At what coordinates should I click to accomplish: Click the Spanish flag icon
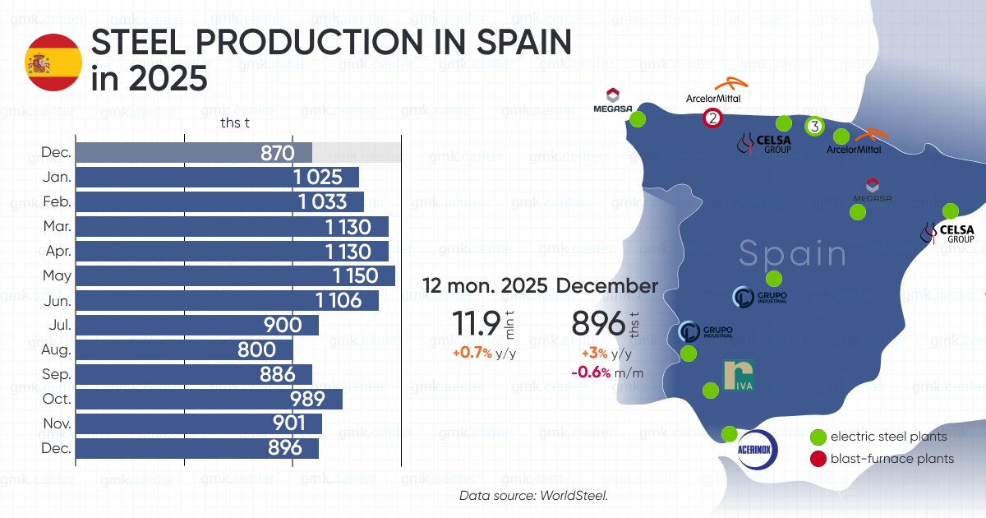53,62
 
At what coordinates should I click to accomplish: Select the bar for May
235,275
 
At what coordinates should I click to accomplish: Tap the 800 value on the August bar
256,349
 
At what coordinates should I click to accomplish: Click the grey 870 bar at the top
194,152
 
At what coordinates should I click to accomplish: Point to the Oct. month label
58,399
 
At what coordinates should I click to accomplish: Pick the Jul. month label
59,325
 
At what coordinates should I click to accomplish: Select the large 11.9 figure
477,324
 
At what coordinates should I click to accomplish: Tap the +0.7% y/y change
472,354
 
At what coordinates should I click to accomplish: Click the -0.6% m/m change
591,372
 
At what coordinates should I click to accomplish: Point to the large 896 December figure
598,324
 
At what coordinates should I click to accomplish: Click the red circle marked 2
712,118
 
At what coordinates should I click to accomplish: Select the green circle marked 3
813,127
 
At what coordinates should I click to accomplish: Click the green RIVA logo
739,376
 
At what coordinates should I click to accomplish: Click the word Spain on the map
792,254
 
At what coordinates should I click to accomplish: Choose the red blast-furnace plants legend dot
818,459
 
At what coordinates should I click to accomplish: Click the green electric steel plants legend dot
818,437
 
